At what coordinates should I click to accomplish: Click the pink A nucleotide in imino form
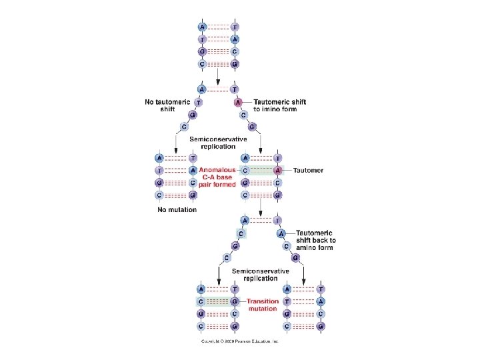tap(238, 102)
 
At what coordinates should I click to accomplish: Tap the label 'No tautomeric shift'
tap(167, 105)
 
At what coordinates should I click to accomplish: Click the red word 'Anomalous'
tap(217, 170)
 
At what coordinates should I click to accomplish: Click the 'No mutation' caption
tap(177, 209)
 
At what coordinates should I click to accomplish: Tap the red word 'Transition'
tap(262, 301)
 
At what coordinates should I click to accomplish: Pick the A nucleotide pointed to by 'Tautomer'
tap(278, 170)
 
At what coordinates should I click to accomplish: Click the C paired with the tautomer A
tap(246, 170)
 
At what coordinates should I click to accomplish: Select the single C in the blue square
tap(241, 233)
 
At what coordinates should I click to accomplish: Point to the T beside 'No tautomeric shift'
tap(199, 102)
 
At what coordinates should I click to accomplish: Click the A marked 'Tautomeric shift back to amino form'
tap(281, 233)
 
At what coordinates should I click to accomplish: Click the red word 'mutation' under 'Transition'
tap(262, 309)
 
